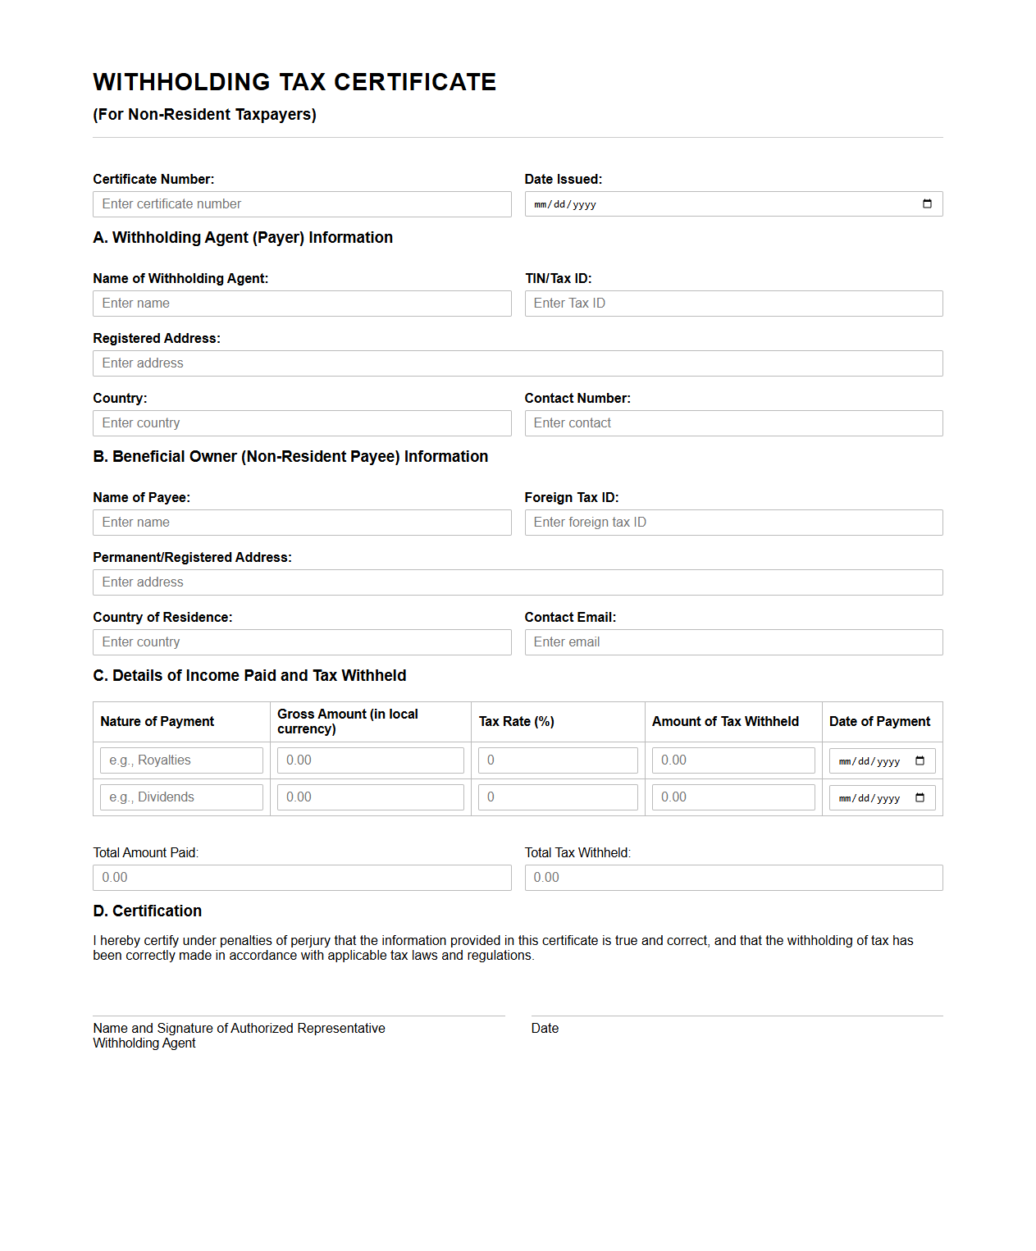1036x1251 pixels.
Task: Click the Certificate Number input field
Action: point(302,204)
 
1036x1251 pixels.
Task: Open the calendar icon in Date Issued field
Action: point(927,204)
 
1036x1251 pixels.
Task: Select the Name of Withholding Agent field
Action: point(302,304)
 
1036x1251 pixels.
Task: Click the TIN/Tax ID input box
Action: point(733,304)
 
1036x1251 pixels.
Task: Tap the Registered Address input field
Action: point(518,363)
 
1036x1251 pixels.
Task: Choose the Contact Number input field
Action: point(733,423)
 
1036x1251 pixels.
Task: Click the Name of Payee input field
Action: point(302,523)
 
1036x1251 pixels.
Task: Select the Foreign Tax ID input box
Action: point(733,523)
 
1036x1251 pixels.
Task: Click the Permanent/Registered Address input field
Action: point(518,582)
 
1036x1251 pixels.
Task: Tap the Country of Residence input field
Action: point(302,642)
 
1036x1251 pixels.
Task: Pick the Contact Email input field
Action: point(733,642)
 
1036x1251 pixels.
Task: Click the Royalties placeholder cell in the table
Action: point(181,760)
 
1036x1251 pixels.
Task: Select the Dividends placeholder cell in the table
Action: point(181,797)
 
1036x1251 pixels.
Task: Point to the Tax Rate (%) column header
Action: point(517,722)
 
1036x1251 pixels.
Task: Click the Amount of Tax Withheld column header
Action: point(725,722)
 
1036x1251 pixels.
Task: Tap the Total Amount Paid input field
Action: point(302,878)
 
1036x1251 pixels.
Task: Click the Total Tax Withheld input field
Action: point(733,878)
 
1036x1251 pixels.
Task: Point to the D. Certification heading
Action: point(148,911)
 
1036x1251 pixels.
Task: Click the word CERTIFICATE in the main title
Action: point(415,82)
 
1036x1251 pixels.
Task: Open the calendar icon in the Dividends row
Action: point(920,797)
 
